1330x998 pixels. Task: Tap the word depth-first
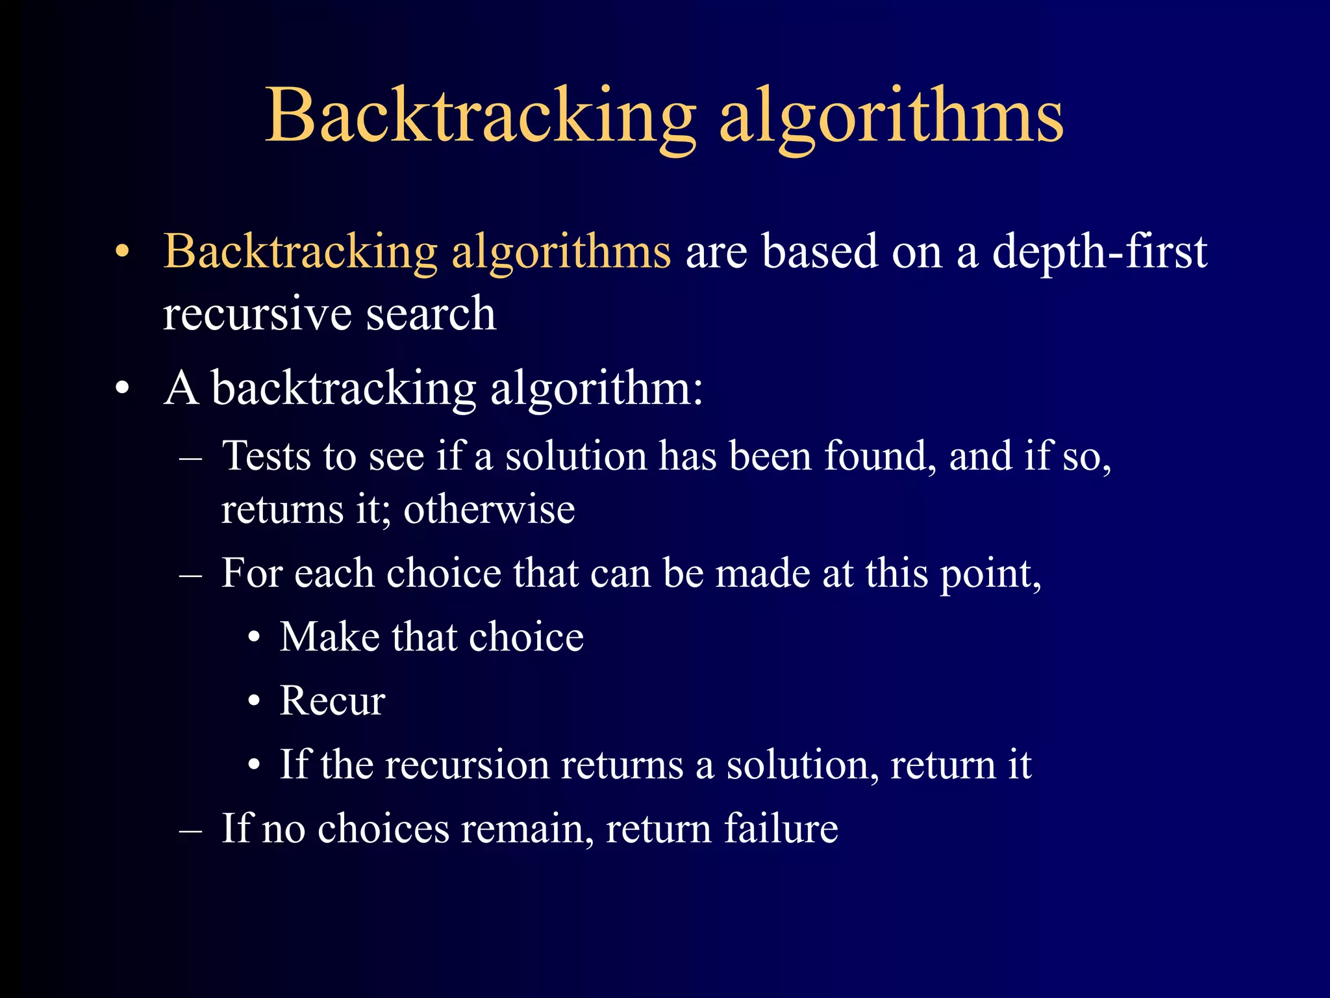pos(1099,251)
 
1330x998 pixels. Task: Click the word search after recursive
pos(431,314)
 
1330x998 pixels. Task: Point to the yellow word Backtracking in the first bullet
pos(300,252)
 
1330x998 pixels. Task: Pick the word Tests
pos(266,456)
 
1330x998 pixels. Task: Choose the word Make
pos(329,637)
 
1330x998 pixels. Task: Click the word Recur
pos(332,701)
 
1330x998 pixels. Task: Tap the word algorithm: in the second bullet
pos(596,389)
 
